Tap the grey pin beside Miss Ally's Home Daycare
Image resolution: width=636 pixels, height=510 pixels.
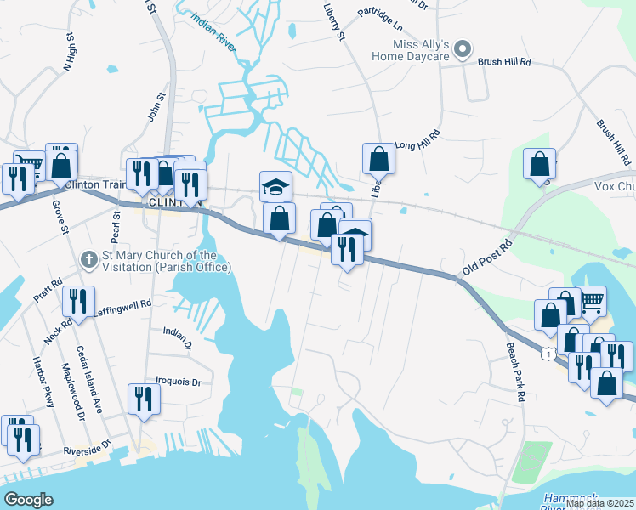pyautogui.click(x=463, y=50)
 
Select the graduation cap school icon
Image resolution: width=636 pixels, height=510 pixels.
pyautogui.click(x=275, y=186)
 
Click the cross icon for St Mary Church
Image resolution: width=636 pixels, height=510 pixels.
pyautogui.click(x=88, y=258)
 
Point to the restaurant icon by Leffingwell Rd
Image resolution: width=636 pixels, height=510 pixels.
pyautogui.click(x=78, y=302)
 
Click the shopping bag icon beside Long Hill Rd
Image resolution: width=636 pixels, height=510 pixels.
pyautogui.click(x=378, y=158)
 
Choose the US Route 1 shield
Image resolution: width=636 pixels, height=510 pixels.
pyautogui.click(x=551, y=352)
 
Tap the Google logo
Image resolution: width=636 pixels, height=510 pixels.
pyautogui.click(x=28, y=500)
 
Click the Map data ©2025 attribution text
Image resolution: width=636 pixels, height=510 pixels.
pyautogui.click(x=599, y=503)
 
